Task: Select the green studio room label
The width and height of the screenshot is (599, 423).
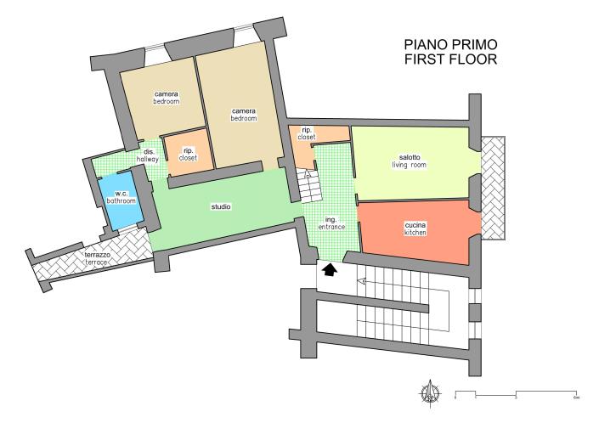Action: point(221,206)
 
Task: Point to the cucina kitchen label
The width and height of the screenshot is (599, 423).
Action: point(415,228)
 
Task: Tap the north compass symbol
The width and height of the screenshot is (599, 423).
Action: point(430,392)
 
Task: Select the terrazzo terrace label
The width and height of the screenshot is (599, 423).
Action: point(95,258)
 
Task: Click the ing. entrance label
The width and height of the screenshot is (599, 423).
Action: point(331,223)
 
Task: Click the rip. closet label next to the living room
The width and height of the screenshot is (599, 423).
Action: point(307,133)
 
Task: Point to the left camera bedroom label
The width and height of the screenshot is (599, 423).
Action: point(166,97)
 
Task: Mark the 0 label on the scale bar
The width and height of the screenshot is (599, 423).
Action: point(455,398)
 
